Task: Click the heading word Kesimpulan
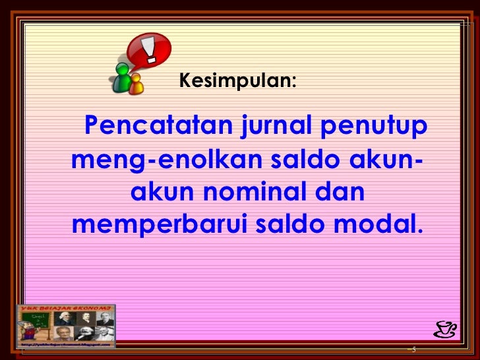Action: (x=237, y=81)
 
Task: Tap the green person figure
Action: (x=122, y=77)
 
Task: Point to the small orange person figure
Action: (x=136, y=83)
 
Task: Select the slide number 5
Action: (x=413, y=349)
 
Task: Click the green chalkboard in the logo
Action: (x=36, y=320)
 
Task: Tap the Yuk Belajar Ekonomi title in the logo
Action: (x=65, y=308)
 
